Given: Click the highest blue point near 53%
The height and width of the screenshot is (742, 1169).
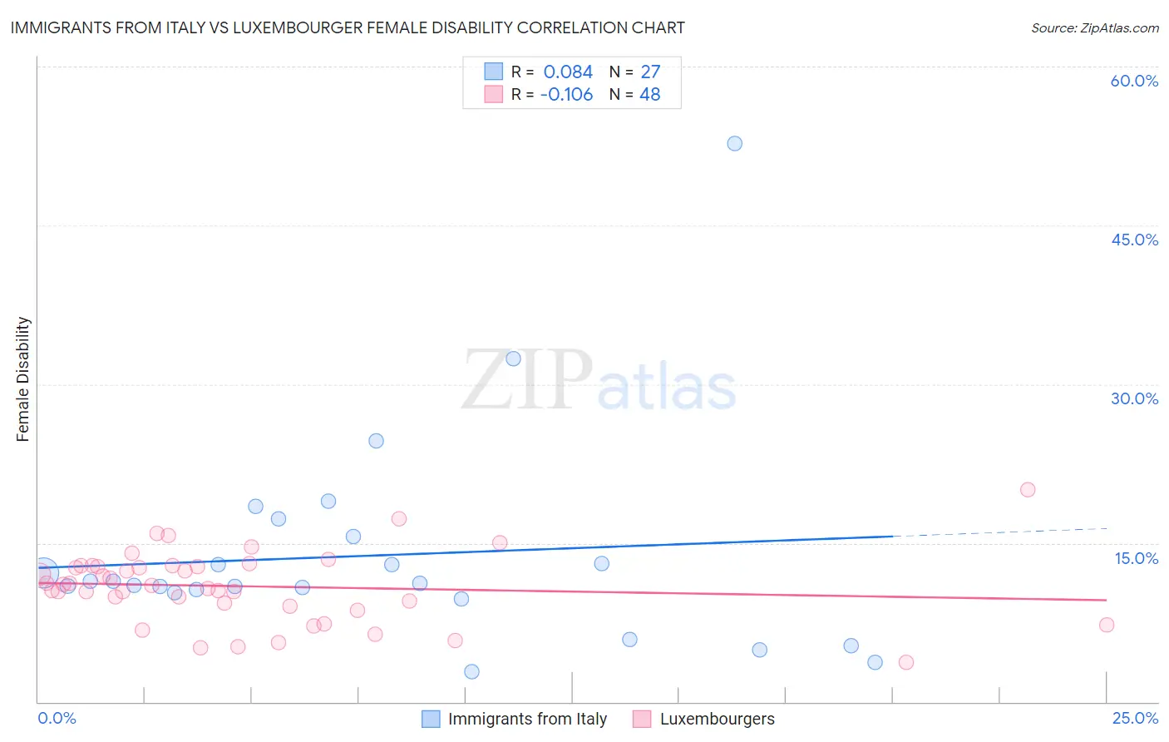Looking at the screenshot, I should tap(734, 143).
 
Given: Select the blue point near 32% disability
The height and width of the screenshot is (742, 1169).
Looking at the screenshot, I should tap(513, 359).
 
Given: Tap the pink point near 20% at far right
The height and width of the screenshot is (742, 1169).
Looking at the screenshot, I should tap(1028, 489).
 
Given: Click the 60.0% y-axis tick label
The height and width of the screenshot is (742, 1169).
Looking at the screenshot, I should tap(1134, 81).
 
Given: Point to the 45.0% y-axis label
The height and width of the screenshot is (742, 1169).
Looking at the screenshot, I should tap(1134, 240).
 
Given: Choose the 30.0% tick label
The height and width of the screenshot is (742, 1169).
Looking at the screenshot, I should tap(1134, 398).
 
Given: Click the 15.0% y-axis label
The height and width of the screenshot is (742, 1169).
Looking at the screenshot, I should tap(1136, 558).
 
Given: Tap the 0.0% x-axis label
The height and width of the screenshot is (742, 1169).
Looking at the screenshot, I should tap(57, 718).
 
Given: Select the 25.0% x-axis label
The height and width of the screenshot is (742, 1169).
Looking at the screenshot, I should tap(1135, 718).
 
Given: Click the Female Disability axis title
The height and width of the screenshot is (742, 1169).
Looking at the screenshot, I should tap(23, 379).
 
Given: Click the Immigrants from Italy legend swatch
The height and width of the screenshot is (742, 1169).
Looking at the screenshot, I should tap(431, 719).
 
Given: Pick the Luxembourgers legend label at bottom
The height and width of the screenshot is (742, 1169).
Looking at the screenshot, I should tap(717, 719).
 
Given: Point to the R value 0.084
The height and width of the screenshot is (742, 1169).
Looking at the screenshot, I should tap(568, 72).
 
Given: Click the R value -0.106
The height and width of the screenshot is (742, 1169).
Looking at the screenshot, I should tap(566, 94).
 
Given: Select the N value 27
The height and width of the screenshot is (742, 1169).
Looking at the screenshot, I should tap(650, 72).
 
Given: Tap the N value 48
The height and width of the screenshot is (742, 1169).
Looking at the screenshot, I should tap(649, 94).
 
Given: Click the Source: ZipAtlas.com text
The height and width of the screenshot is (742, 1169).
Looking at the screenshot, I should tap(1094, 28).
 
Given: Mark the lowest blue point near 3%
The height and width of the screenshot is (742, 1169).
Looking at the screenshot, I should tap(471, 671).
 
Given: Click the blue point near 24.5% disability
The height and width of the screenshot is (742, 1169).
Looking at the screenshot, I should tap(376, 441).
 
